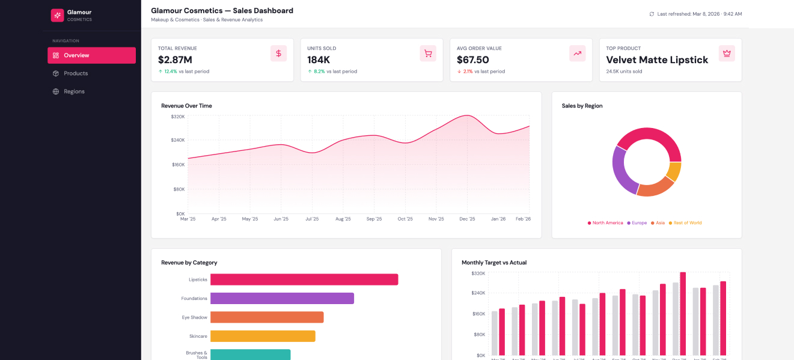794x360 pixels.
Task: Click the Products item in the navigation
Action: [x=76, y=73]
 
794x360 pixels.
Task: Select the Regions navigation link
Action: [x=74, y=91]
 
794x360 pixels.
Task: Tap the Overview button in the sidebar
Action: [x=91, y=55]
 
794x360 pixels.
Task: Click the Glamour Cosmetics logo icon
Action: [x=57, y=15]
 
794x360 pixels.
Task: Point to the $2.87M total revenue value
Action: [x=175, y=59]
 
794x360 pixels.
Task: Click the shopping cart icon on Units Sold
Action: [x=427, y=53]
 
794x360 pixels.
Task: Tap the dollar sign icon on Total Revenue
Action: [x=278, y=53]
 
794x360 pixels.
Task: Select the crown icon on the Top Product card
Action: [x=727, y=53]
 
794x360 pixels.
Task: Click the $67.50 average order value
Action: [x=472, y=59]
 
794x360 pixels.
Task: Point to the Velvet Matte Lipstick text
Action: [x=657, y=59]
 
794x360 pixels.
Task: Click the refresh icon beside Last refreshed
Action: [x=652, y=14]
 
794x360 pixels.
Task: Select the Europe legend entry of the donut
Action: [x=636, y=223]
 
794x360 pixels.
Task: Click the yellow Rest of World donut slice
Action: [x=674, y=171]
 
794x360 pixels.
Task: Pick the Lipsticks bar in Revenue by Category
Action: [x=304, y=279]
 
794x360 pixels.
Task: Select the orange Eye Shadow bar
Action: [x=267, y=317]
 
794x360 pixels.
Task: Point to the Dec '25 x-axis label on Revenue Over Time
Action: [x=467, y=219]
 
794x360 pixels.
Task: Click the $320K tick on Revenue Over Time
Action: [x=177, y=116]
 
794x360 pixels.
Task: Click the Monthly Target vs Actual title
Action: [x=493, y=263]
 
